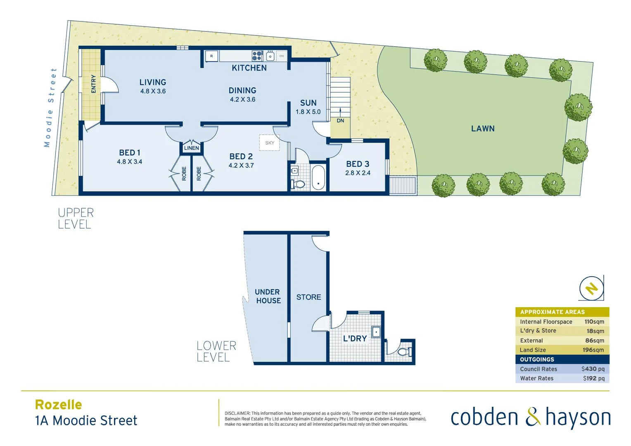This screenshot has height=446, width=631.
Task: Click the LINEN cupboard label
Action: click(191, 148)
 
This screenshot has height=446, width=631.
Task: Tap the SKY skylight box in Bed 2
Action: click(269, 142)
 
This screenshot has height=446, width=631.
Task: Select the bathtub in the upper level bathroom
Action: click(318, 178)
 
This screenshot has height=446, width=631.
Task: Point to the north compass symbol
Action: click(591, 288)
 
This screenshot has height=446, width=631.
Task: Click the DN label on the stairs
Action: click(340, 121)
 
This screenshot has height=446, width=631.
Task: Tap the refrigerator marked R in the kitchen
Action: click(211, 56)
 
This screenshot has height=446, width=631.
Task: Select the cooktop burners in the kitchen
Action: click(257, 56)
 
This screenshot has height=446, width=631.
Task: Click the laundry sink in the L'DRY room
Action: click(376, 332)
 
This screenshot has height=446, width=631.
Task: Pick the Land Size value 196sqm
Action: click(593, 350)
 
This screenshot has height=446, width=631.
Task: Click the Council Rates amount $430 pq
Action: click(593, 369)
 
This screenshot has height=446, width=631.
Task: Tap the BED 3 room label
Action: click(358, 164)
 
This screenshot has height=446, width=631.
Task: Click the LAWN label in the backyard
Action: click(483, 128)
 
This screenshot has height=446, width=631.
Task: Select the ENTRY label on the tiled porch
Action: click(93, 84)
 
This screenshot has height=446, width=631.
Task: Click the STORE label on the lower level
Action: click(308, 297)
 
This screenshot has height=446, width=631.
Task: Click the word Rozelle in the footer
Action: click(59, 404)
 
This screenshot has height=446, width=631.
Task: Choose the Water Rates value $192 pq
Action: click(593, 378)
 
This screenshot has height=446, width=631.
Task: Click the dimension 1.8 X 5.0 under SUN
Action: click(308, 112)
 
